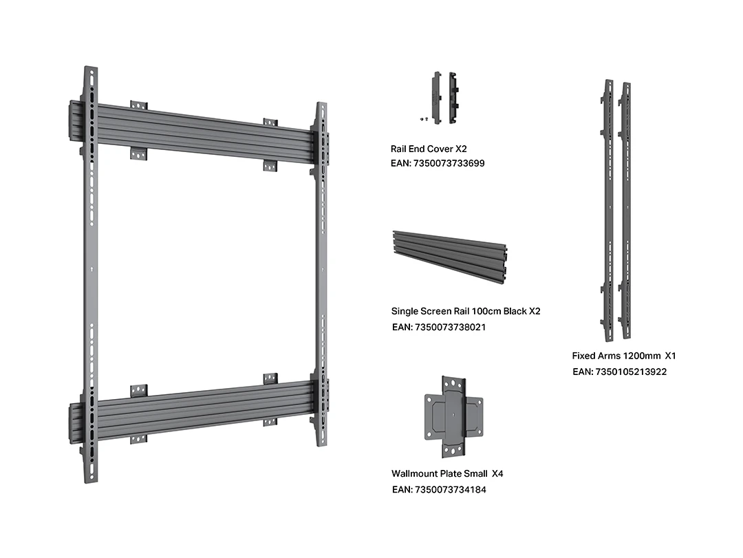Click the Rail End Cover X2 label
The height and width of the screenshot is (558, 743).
coord(429,149)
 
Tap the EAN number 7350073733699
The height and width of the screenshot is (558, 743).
coord(438,164)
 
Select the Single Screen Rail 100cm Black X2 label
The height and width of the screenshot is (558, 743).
coord(466,311)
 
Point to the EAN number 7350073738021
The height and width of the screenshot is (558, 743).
coord(438,327)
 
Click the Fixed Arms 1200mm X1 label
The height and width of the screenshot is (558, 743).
coord(624,356)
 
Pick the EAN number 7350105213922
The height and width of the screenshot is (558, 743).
coord(619,372)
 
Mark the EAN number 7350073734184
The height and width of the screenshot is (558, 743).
coord(439,489)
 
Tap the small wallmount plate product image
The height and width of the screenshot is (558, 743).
coord(454,417)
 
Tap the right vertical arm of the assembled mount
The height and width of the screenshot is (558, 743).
coord(320,275)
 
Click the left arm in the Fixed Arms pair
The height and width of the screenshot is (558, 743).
coord(609,210)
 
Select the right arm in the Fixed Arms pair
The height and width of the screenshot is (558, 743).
coord(626,210)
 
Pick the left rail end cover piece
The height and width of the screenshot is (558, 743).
coord(435,96)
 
